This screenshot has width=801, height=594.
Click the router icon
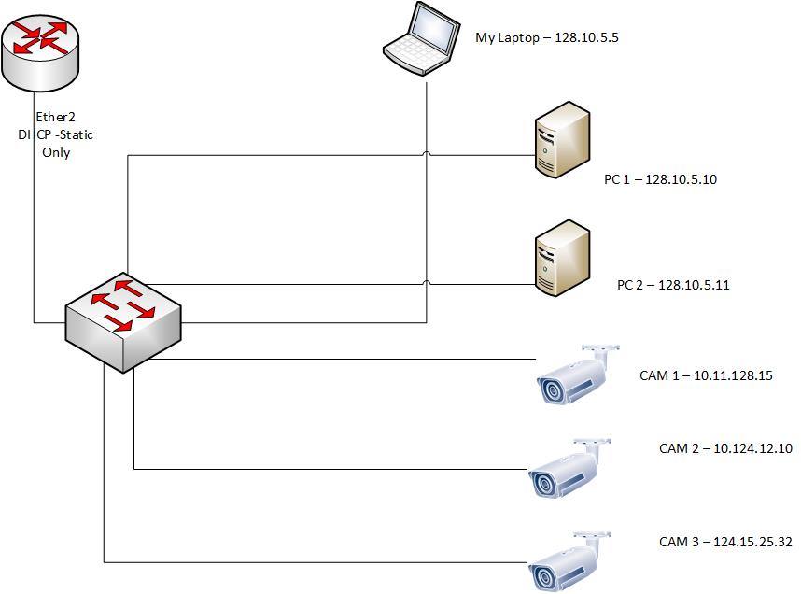(41, 51)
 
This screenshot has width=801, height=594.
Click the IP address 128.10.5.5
(587, 38)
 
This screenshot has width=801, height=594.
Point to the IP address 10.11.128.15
(733, 375)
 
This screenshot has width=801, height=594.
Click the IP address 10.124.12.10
(752, 448)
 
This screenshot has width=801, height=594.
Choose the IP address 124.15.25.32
(752, 542)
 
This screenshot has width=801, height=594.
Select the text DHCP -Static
(56, 135)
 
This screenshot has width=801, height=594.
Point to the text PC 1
(617, 179)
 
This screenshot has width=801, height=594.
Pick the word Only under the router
(56, 152)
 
